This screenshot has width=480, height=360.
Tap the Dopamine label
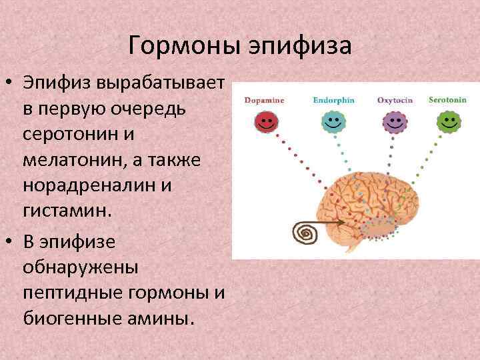pos(265,100)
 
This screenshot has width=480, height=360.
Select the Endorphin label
pos(333,100)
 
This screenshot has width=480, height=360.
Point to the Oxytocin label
pos(395,100)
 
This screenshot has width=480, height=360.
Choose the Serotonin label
pos(447,99)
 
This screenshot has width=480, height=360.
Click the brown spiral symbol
pos(307,233)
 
